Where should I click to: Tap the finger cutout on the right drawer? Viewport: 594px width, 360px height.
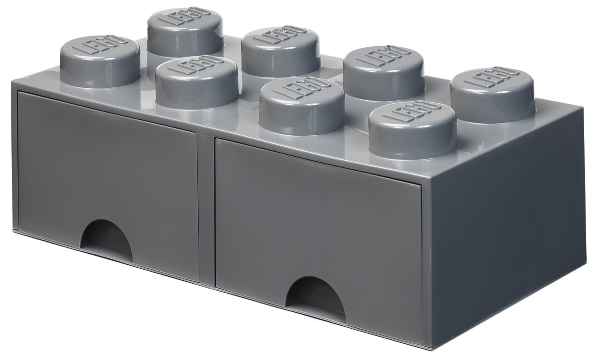pyautogui.click(x=316, y=295)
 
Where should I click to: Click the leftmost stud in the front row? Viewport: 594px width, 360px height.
pyautogui.click(x=100, y=62)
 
